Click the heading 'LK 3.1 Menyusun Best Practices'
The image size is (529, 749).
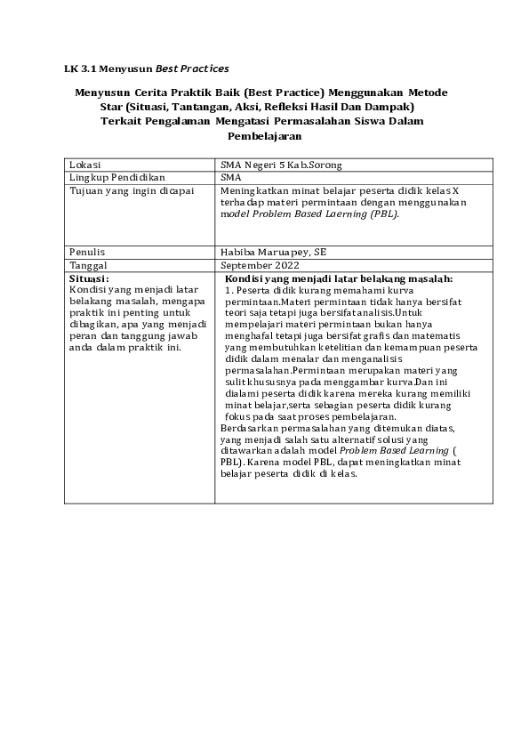pyautogui.click(x=147, y=68)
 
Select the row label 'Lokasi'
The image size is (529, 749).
pyautogui.click(x=85, y=165)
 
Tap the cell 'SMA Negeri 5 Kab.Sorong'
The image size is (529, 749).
pyautogui.click(x=281, y=165)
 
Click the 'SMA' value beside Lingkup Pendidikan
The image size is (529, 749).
pyautogui.click(x=230, y=178)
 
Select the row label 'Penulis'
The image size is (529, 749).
pyautogui.click(x=87, y=252)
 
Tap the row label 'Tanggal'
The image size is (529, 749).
pyautogui.click(x=90, y=264)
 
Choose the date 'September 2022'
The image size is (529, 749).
pyautogui.click(x=260, y=264)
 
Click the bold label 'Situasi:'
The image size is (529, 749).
pyautogui.click(x=89, y=278)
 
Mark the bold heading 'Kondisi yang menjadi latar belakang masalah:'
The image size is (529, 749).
pyautogui.click(x=339, y=278)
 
